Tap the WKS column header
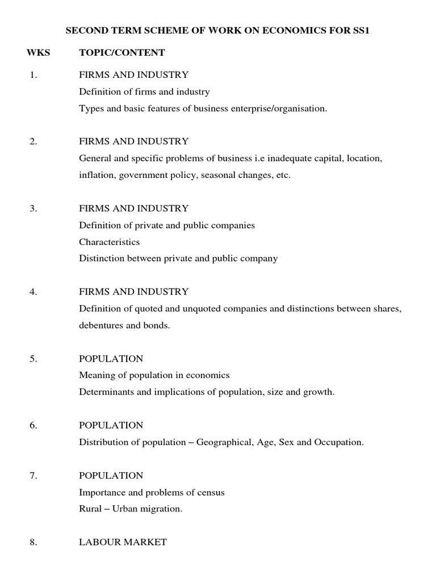[39, 53]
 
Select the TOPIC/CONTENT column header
[122, 53]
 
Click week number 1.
[33, 74]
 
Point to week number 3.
[33, 209]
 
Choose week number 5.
[33, 359]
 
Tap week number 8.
[33, 542]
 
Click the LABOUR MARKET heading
[123, 542]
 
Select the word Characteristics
[109, 242]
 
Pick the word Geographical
[223, 442]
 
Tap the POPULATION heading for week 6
[111, 425]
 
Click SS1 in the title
[362, 31]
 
